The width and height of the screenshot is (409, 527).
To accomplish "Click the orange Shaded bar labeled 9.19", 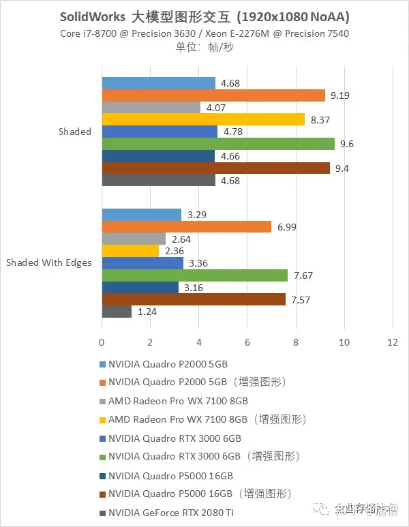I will [213, 95].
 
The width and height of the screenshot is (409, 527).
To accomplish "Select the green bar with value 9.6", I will [218, 144].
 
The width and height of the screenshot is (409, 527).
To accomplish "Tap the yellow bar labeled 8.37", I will [203, 119].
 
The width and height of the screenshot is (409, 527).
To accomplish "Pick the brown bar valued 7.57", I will [194, 299].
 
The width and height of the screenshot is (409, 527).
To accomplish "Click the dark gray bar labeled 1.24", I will [117, 312].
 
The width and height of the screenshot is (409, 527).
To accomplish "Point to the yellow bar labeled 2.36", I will [130, 250].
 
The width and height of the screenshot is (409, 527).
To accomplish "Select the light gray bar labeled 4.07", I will [151, 107].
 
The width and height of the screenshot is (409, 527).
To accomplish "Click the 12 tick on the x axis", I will [392, 342].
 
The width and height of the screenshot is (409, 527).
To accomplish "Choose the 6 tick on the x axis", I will [247, 342].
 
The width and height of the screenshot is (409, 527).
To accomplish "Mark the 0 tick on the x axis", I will [102, 342].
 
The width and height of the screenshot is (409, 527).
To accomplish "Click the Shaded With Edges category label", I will [49, 262].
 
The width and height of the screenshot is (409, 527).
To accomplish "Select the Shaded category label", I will [75, 132].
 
